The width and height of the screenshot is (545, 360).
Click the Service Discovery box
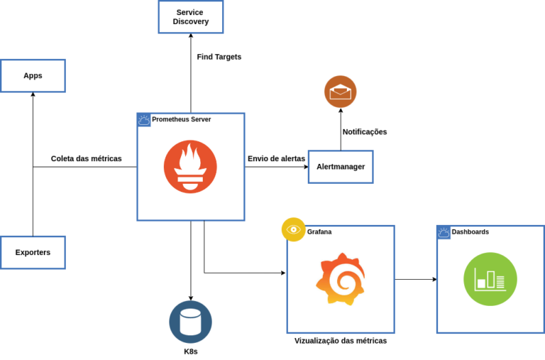pos(190,16)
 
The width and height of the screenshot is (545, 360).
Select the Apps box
pos(33,75)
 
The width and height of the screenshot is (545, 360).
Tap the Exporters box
pos(33,251)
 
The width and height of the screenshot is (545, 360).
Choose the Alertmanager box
pos(341,167)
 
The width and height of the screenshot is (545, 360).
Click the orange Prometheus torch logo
pos(190,167)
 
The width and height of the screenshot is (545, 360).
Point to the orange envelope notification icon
pos(341,92)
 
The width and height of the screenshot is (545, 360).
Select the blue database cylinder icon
pos(190,322)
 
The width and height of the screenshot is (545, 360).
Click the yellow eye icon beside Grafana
pos(293,229)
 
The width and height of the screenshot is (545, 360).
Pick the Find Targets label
pos(219,57)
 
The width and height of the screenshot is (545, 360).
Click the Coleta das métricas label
pos(87,158)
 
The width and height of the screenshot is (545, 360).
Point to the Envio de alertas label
pos(276,158)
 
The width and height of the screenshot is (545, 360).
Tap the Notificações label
pos(365,132)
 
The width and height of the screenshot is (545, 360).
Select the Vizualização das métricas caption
pos(341,341)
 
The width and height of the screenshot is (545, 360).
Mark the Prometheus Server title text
pos(181,119)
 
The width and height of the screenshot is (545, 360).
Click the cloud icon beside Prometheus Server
pos(143,119)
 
